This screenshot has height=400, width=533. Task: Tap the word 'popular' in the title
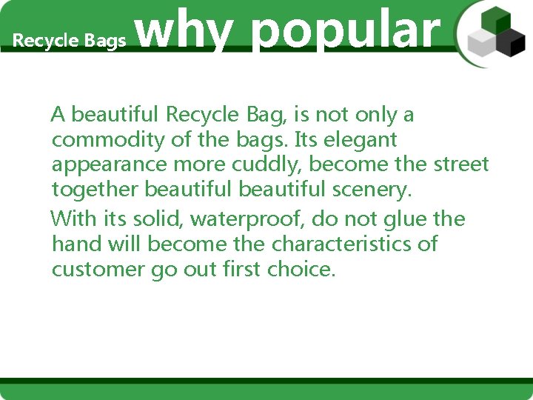[345, 31]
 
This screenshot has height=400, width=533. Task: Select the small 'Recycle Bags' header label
[70, 41]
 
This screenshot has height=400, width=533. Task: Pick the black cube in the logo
[510, 43]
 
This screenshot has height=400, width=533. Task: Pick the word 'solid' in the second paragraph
[164, 219]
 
